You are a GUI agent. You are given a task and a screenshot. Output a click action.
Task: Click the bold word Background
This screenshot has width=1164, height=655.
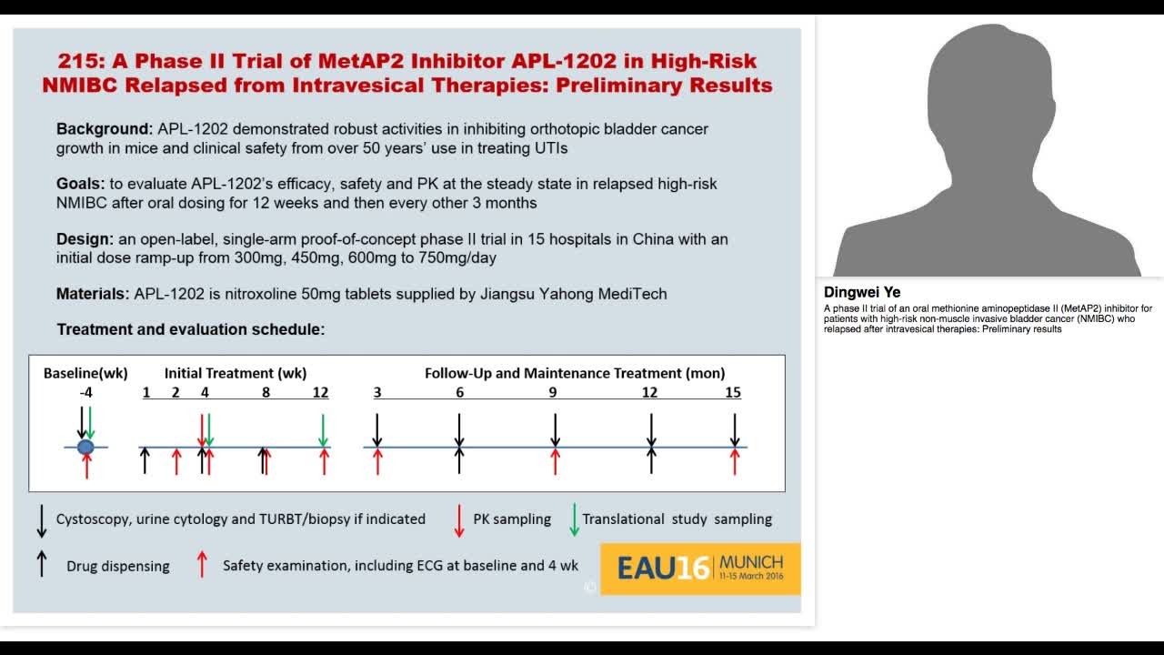point(104,129)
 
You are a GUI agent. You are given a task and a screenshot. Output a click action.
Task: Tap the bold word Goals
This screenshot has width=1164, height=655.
point(81,184)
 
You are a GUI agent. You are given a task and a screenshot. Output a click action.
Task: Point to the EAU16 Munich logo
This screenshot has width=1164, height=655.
point(700,569)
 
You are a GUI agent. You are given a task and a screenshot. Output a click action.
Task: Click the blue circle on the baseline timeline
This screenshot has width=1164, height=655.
point(85,447)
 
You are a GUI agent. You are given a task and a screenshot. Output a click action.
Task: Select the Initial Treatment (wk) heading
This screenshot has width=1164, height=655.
point(235,373)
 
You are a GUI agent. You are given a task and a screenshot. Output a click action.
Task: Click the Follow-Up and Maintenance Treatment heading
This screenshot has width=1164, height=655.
point(575,373)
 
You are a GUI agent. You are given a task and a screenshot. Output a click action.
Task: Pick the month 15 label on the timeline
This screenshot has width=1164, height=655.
point(733,393)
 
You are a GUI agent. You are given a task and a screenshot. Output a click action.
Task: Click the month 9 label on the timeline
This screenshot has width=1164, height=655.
point(553,393)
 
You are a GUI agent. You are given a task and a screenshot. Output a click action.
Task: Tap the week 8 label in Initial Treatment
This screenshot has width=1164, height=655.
point(266,393)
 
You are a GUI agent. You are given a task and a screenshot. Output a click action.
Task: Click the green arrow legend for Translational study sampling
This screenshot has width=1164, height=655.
point(574,519)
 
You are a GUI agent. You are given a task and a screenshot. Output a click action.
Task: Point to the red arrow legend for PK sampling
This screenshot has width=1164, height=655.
point(460,519)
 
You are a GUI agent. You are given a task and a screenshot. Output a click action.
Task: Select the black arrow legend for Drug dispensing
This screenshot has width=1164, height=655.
point(41,565)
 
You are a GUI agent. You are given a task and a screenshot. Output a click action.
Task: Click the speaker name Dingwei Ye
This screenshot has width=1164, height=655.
point(862,293)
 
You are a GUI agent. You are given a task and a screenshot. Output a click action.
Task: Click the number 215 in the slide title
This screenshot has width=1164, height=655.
point(77,61)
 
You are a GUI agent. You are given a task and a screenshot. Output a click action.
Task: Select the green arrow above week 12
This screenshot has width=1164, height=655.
point(323,429)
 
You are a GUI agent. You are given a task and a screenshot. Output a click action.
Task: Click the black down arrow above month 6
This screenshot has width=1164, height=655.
point(459,429)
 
